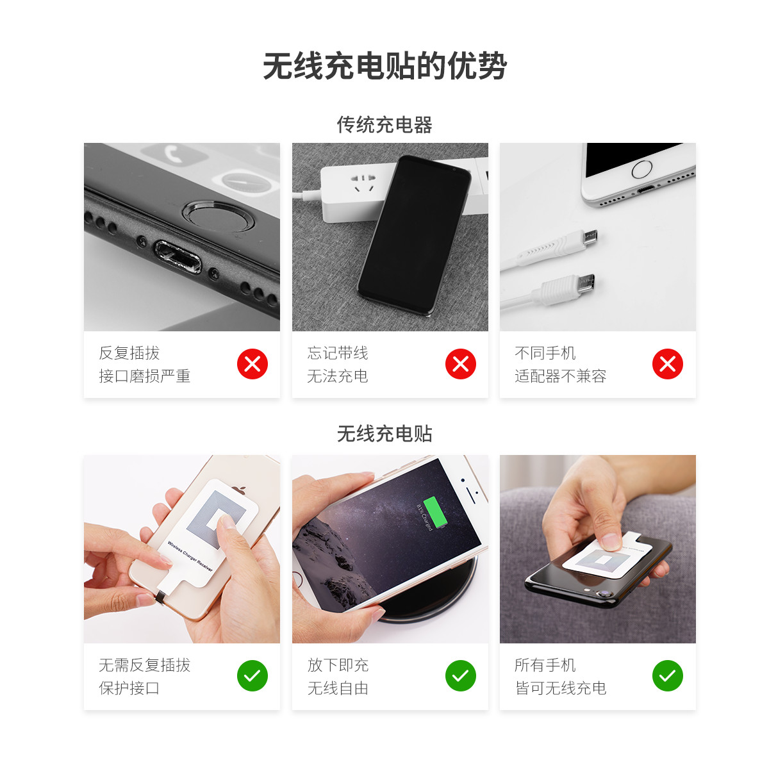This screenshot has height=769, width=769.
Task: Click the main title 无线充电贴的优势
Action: [384, 66]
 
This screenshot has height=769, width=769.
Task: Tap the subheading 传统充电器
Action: [384, 125]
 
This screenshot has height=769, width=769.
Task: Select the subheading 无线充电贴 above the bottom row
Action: [384, 434]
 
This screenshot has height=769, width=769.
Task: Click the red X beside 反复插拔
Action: [252, 364]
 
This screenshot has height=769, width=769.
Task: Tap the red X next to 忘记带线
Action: [461, 364]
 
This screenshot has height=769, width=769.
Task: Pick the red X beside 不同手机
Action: [668, 364]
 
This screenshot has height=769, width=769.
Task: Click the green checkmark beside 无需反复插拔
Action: [252, 675]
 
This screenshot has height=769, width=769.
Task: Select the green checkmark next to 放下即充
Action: [461, 675]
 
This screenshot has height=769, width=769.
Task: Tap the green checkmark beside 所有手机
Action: [668, 675]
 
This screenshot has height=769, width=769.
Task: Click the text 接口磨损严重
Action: [144, 376]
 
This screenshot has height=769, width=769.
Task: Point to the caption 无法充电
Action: [338, 376]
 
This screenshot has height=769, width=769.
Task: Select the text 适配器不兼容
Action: [560, 376]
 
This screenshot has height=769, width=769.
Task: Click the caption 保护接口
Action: [129, 688]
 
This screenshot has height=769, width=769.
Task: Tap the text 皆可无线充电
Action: [560, 688]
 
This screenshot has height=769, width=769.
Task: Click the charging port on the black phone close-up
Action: [178, 256]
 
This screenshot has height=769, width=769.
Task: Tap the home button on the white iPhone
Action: [641, 169]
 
